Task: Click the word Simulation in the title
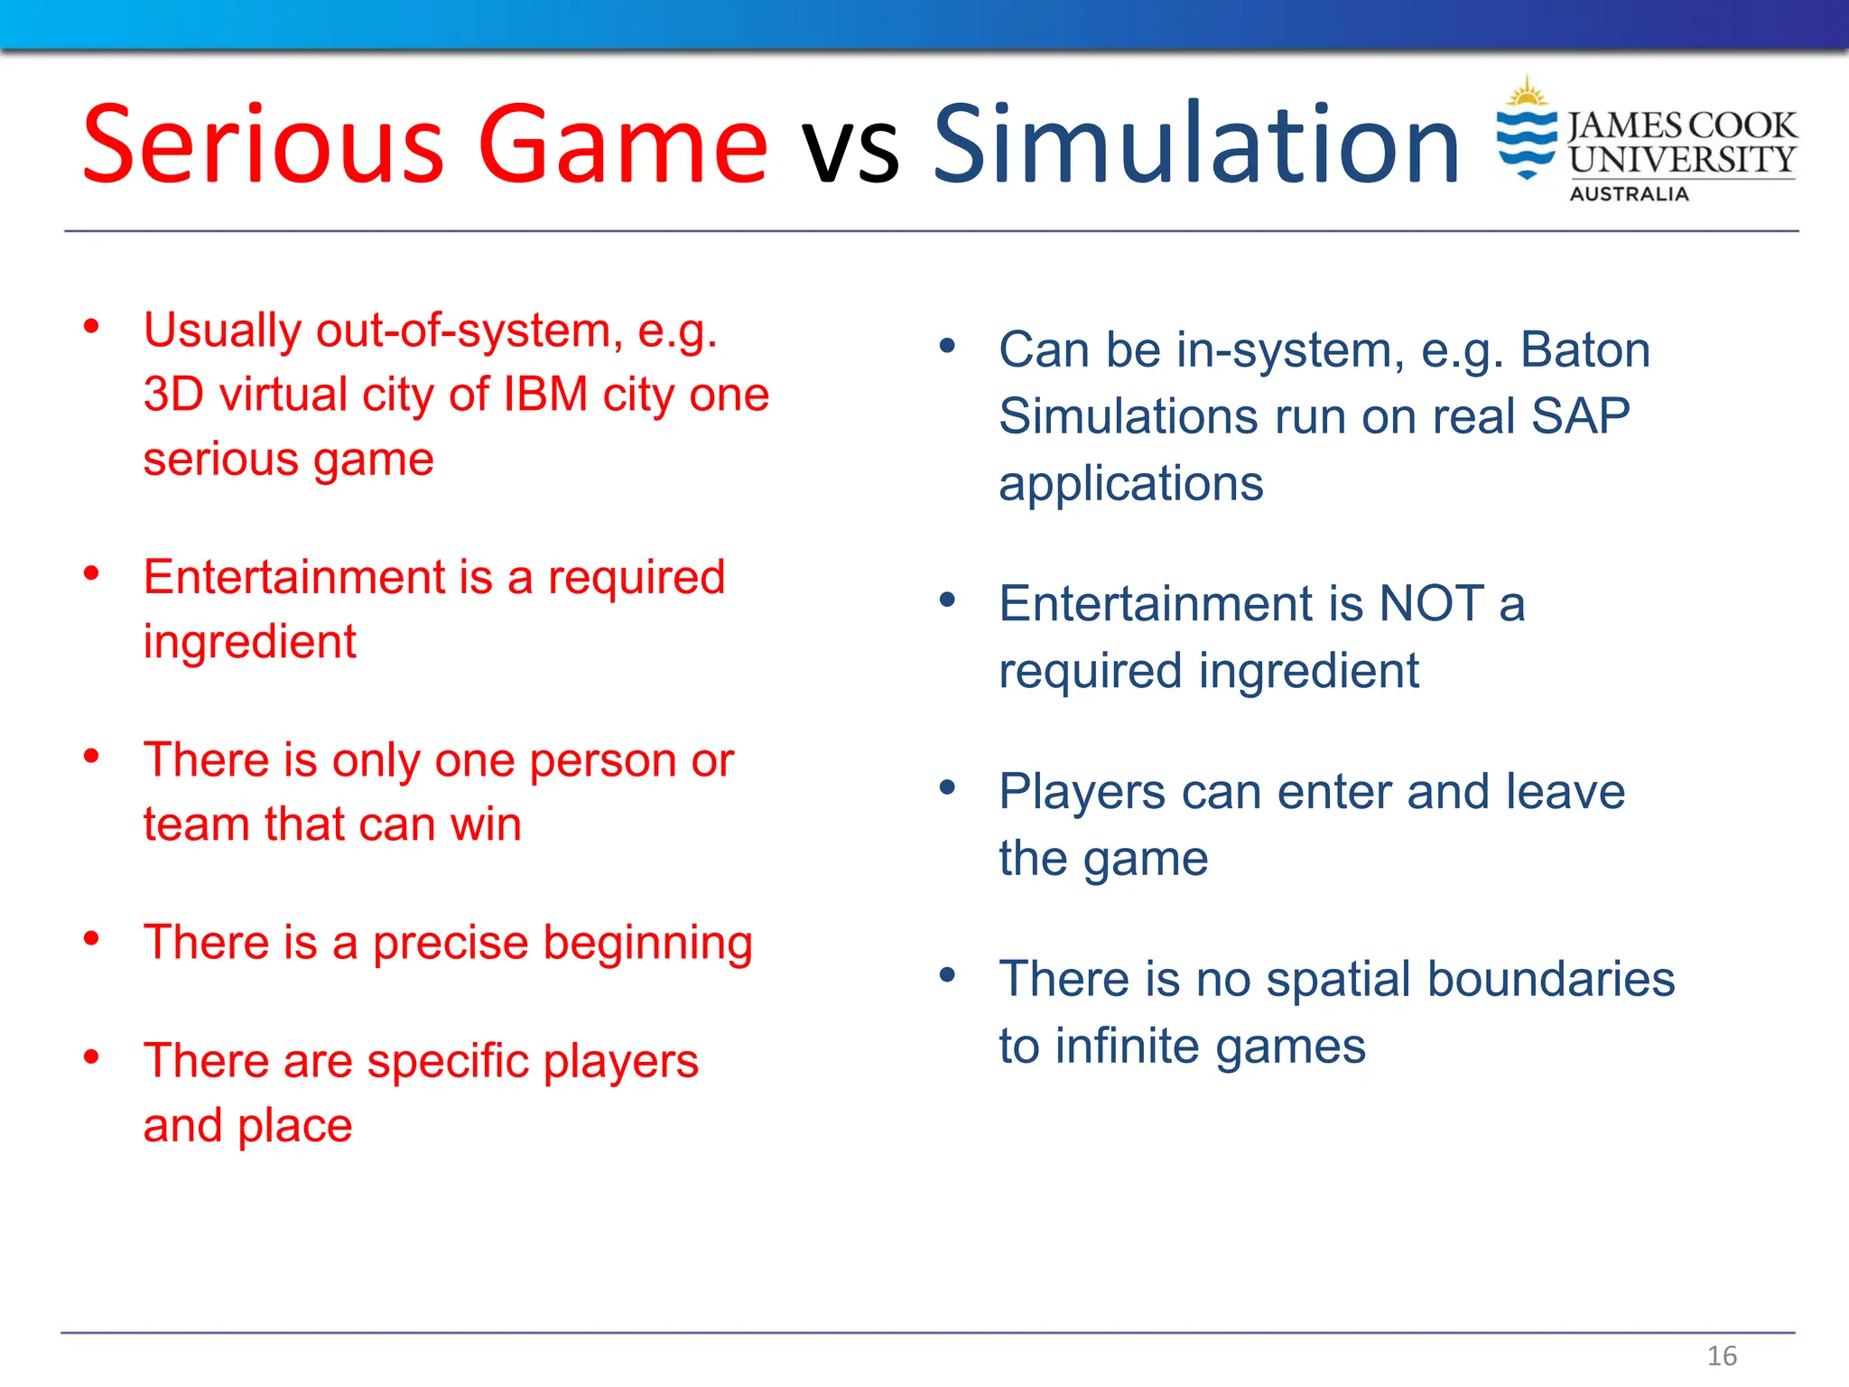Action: [x=1195, y=144]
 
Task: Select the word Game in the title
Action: [x=622, y=144]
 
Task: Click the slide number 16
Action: [x=1722, y=1355]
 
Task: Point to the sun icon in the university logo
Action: [x=1527, y=93]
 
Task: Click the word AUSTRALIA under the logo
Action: [x=1629, y=194]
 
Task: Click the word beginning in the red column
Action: [x=647, y=945]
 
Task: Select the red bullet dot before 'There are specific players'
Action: [x=91, y=1057]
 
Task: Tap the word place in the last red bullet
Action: [x=294, y=1127]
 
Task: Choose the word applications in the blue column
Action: [x=1130, y=485]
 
